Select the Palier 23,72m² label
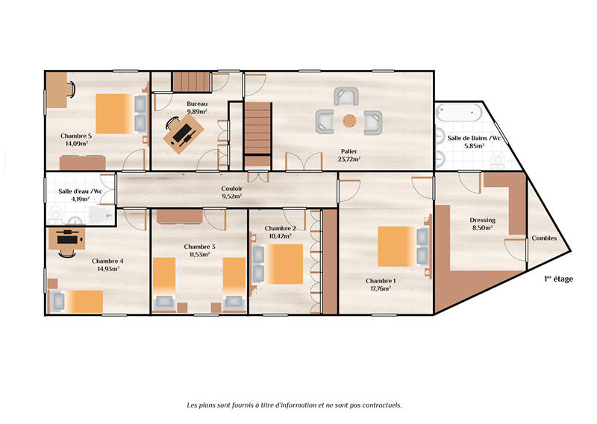348,154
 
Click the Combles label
543,238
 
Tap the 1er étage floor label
558,279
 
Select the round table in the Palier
349,120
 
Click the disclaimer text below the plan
294,405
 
